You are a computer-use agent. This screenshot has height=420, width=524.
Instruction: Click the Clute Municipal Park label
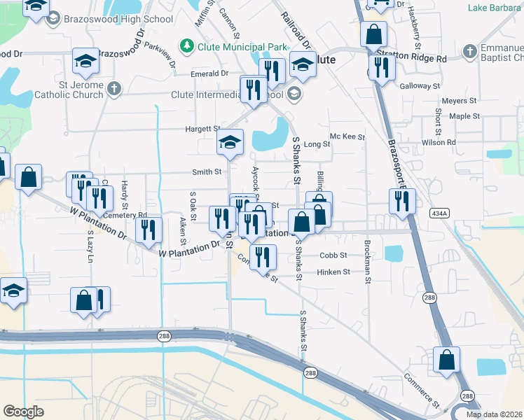[242, 47]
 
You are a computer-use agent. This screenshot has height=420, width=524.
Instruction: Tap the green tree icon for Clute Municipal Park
[186, 47]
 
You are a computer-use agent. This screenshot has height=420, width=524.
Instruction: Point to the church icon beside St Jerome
[114, 88]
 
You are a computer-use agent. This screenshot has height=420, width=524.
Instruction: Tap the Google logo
[24, 412]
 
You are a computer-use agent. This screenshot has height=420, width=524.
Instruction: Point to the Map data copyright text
[495, 414]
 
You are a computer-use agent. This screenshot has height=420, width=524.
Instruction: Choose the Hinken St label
[333, 272]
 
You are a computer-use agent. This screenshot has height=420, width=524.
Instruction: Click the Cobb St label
[333, 255]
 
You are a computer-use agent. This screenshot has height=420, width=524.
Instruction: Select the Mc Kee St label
[347, 137]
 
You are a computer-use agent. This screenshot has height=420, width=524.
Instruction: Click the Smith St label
[207, 171]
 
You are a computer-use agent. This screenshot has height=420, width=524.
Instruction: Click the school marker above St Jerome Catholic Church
[85, 62]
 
